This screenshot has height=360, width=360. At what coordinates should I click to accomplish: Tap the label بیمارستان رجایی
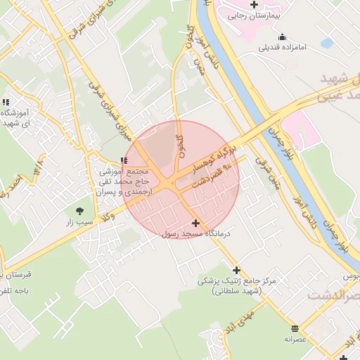[255, 15]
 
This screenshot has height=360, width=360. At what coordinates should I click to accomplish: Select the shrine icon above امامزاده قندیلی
[283, 37]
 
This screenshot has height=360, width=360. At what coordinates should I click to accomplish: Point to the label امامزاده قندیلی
[283, 49]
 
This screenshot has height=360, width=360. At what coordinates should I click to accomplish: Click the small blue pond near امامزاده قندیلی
[327, 42]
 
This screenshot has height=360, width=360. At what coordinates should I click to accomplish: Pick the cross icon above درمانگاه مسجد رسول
[195, 222]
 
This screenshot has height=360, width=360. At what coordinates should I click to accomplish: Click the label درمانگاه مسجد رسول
[197, 233]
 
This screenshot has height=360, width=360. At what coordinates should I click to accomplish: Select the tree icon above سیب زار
[79, 210]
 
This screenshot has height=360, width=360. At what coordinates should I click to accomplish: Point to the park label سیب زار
[79, 222]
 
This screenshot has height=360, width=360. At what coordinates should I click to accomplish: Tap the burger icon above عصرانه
[295, 328]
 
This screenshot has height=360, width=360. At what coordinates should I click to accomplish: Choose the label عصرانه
[296, 339]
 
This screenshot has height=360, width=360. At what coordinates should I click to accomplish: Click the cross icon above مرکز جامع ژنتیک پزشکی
[236, 269]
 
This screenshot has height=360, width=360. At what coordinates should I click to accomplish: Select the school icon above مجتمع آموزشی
[124, 161]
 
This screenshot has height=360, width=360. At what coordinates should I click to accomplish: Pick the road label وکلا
[108, 219]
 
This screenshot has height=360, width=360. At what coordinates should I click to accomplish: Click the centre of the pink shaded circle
[181, 179]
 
